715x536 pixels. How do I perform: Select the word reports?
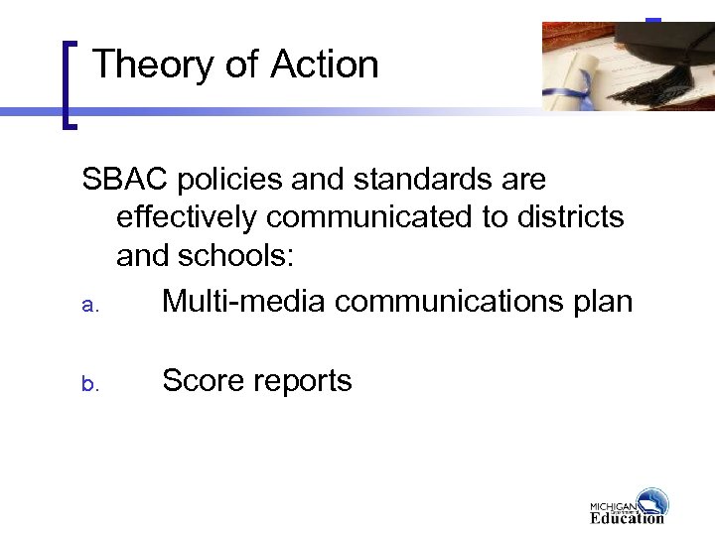(304, 380)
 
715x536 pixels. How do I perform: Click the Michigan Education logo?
(629, 506)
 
